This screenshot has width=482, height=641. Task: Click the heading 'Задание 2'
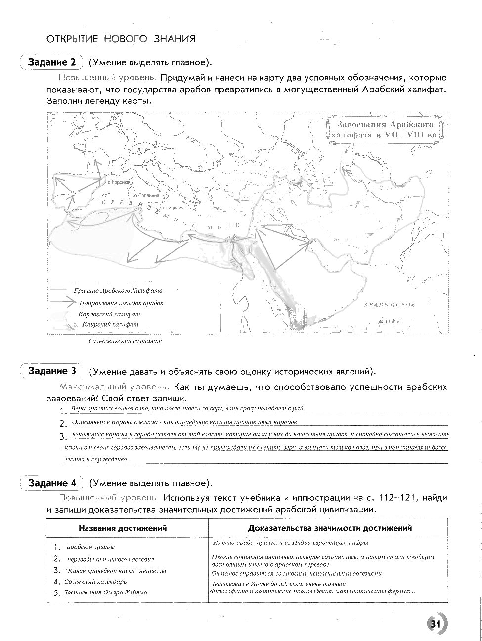point(52,62)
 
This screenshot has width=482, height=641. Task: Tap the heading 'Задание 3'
point(52,371)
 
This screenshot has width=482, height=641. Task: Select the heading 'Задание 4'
point(52,483)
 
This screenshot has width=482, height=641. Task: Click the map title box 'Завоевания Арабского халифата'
point(386,129)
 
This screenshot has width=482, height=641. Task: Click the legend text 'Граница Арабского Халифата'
point(118,291)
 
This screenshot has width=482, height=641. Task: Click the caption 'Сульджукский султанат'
point(125,341)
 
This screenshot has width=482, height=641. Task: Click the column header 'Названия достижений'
point(123,528)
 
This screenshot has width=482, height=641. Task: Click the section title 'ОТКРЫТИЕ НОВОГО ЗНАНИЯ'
point(121,39)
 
